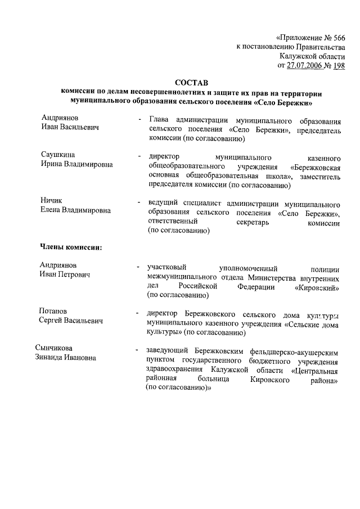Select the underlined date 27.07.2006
(x=307, y=65)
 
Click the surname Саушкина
(x=58, y=154)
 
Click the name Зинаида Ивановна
(x=62, y=358)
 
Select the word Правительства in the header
(x=316, y=46)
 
